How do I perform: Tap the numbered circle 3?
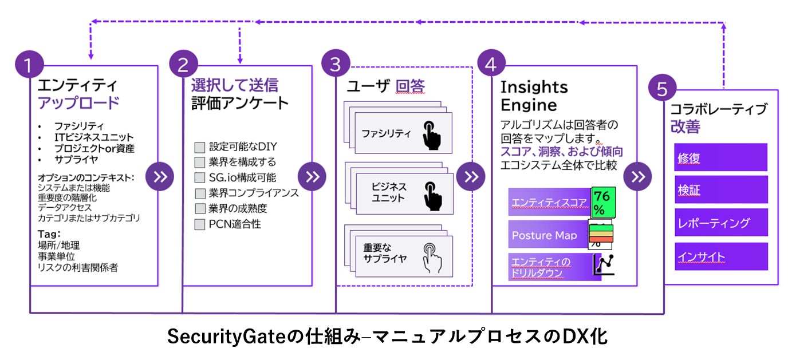pyautogui.click(x=336, y=64)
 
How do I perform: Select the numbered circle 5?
pyautogui.click(x=662, y=90)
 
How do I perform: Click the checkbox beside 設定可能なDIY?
pyautogui.click(x=200, y=147)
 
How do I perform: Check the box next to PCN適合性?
pyautogui.click(x=200, y=224)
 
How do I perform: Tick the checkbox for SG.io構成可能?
pyautogui.click(x=200, y=178)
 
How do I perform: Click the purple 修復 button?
pyautogui.click(x=720, y=158)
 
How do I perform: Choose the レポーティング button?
pyautogui.click(x=720, y=223)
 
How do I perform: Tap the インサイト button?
pyautogui.click(x=720, y=256)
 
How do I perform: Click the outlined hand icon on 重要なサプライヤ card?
pyautogui.click(x=432, y=258)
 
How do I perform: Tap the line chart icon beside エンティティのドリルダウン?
pyautogui.click(x=604, y=264)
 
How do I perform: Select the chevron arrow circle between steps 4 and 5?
pyautogui.click(x=637, y=176)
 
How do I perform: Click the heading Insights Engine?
pyautogui.click(x=534, y=96)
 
